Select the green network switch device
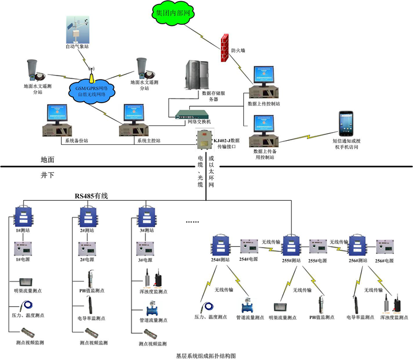tap(186, 114)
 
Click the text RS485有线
tap(91, 196)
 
